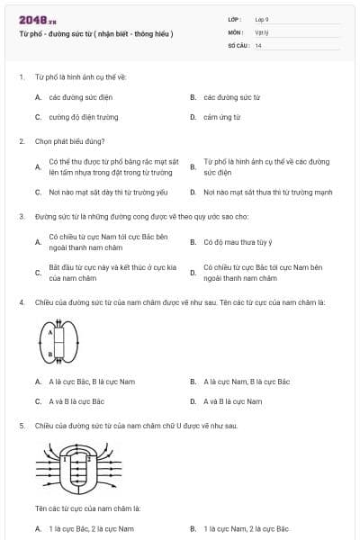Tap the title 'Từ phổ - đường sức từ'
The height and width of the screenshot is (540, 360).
point(95,34)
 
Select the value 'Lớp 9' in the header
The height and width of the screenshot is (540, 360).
point(262,19)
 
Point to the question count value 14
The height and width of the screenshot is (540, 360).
point(258,45)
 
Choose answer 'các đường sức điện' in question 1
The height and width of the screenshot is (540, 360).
point(79,96)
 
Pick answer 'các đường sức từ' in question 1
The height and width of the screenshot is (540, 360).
point(231,96)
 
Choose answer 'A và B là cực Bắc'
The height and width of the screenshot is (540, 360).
point(76,401)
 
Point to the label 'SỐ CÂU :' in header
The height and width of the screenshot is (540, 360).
point(239,45)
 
